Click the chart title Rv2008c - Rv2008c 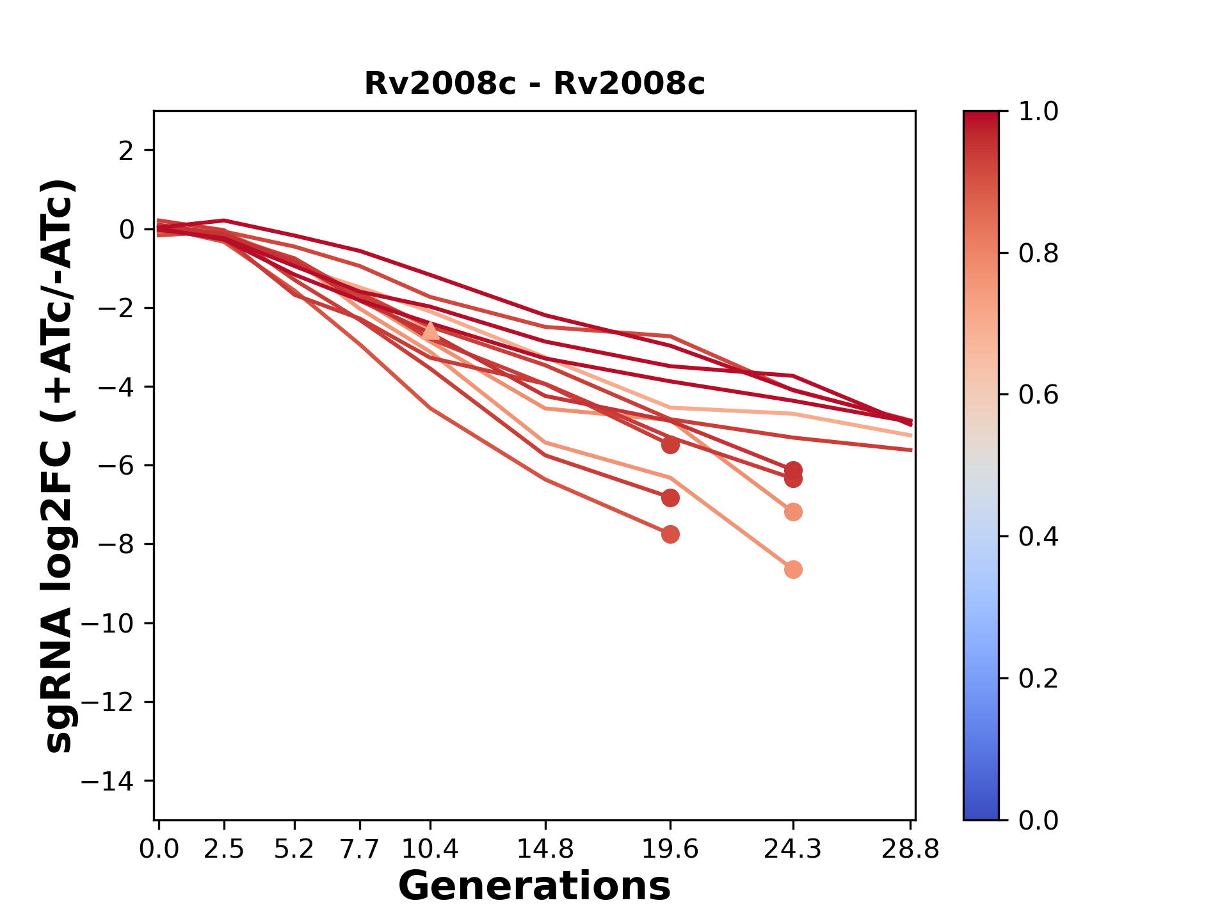534,84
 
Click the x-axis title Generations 534,886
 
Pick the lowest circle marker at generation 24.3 793,569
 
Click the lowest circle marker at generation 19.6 670,534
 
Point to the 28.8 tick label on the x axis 910,849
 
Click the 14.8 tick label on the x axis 545,849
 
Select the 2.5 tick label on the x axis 224,849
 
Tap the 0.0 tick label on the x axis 159,849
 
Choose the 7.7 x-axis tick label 360,849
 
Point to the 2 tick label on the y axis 127,150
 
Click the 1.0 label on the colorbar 1038,112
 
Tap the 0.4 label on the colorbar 1038,537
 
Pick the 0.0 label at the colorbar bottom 1038,820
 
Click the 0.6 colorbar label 1038,395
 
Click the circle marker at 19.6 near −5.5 670,445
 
